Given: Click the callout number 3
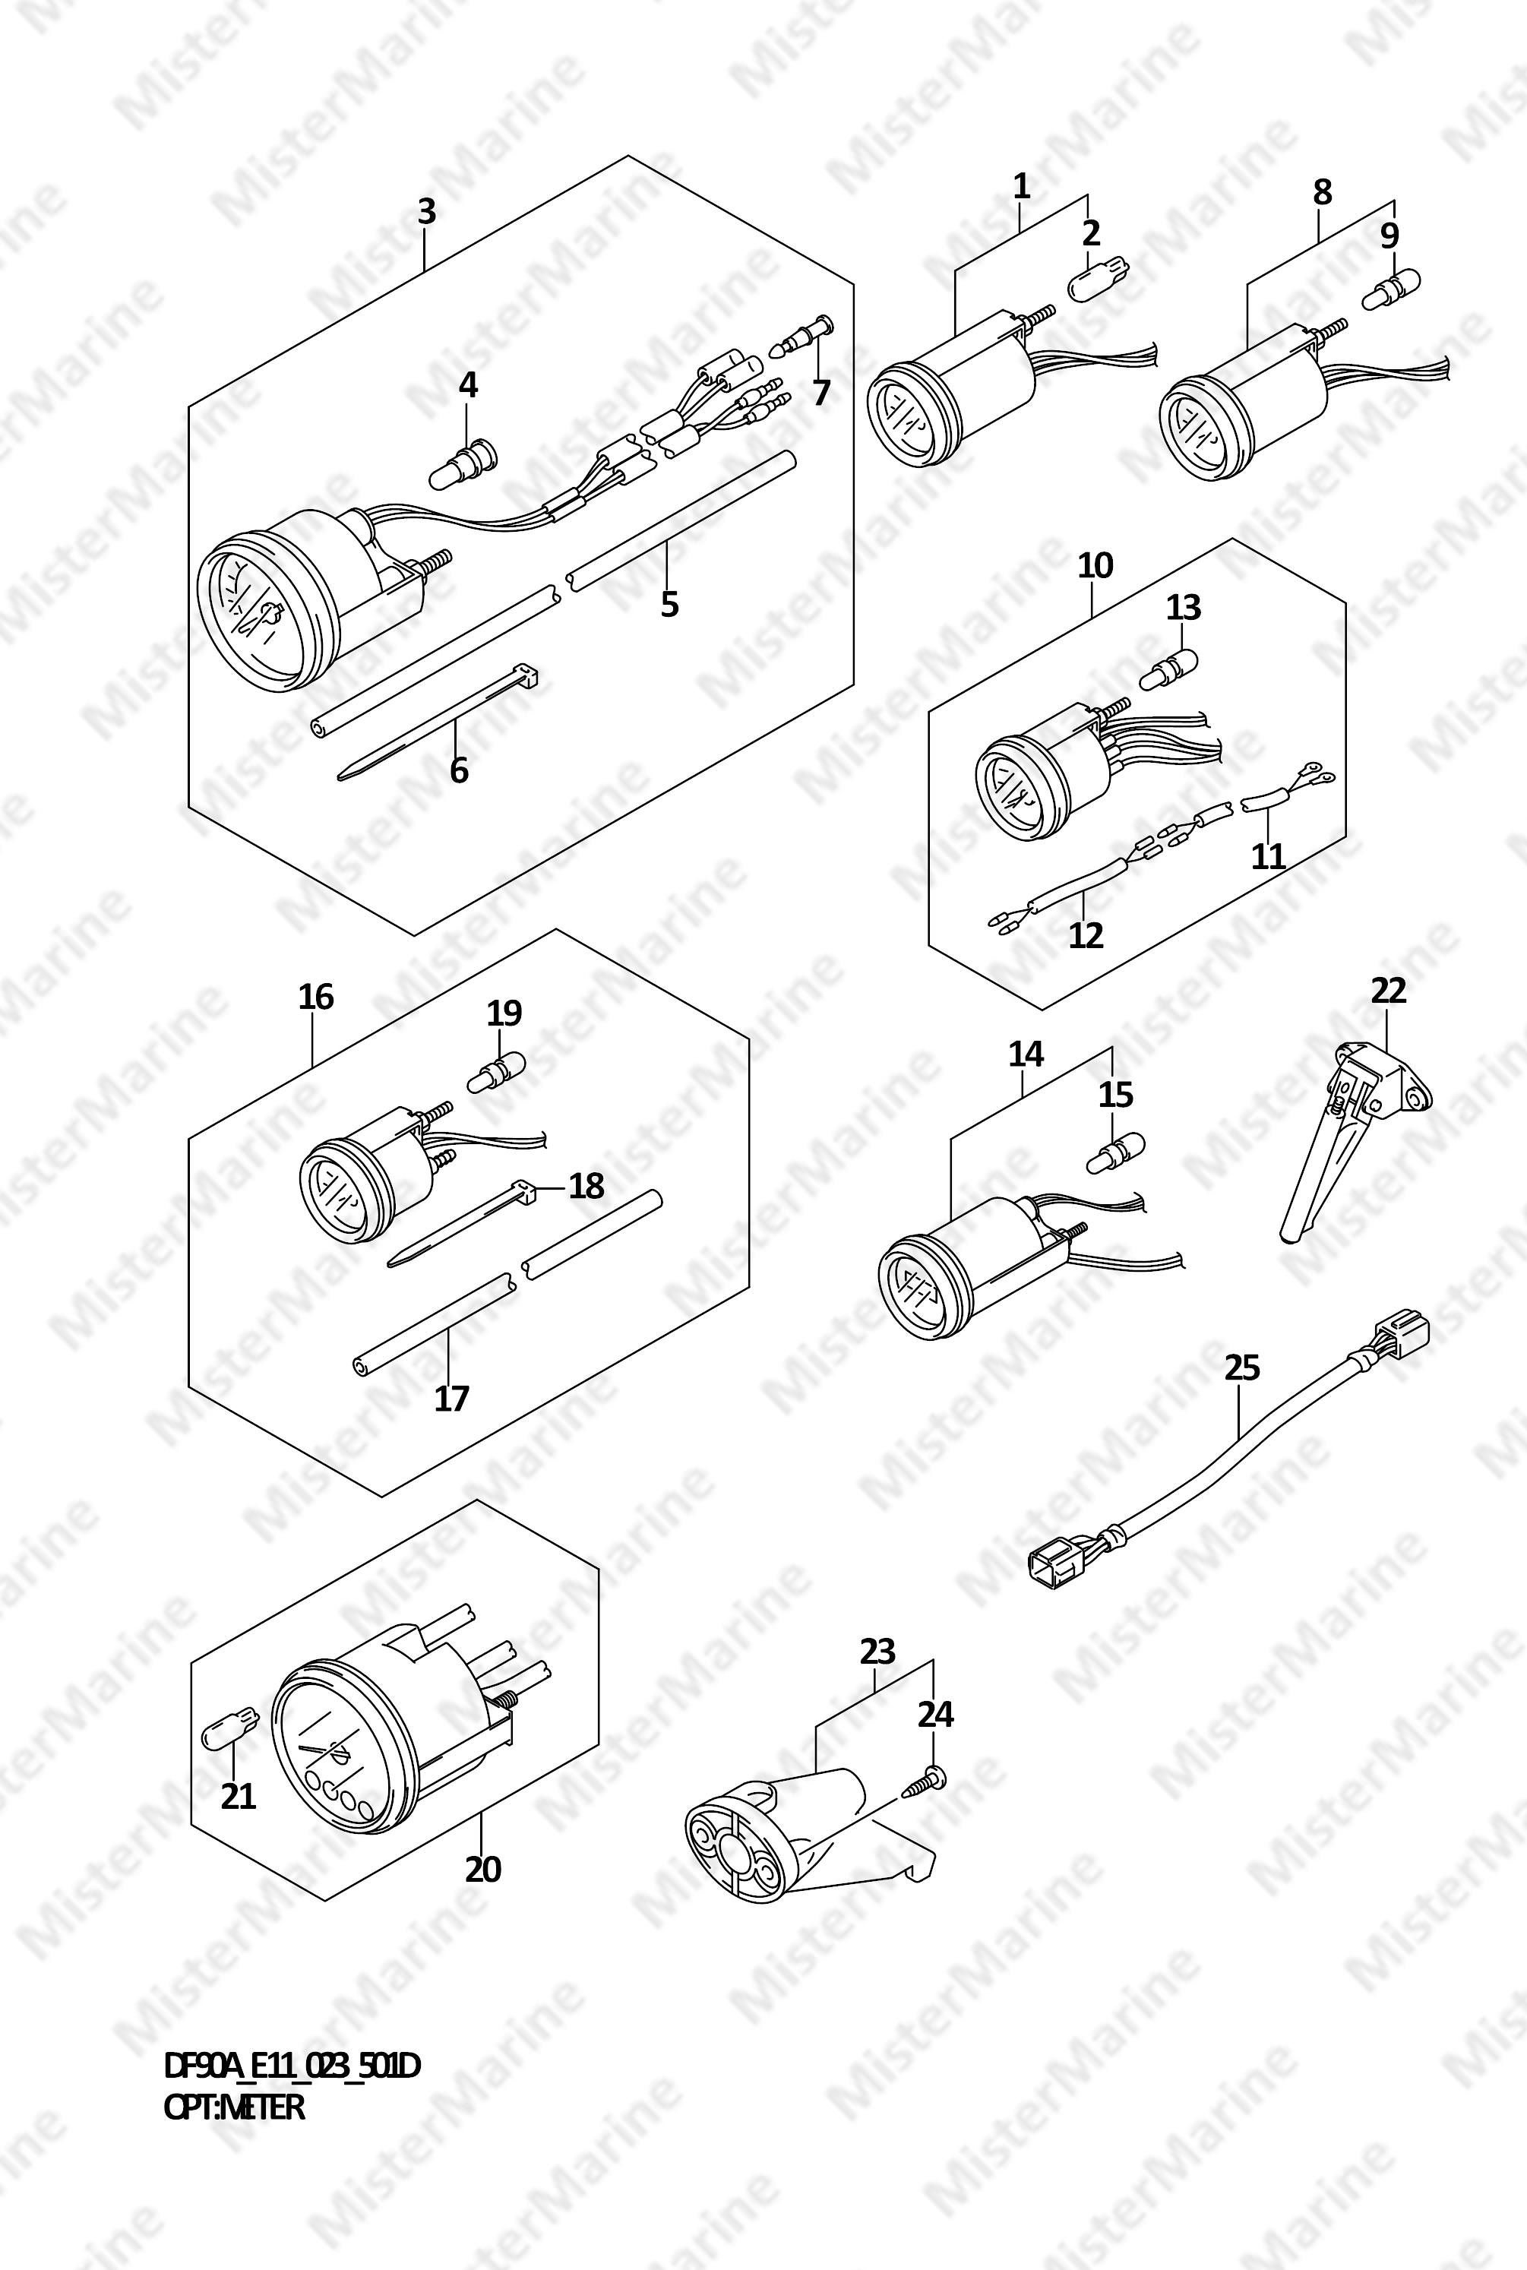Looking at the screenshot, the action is point(426,212).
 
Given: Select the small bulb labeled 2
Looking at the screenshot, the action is point(1099,283).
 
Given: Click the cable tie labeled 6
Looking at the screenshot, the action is point(438,721).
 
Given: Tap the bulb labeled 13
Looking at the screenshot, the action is point(1168,666).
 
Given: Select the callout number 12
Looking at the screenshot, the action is point(1086,935).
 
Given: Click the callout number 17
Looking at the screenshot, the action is point(451,1399).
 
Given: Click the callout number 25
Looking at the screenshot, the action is point(1241,1367).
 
